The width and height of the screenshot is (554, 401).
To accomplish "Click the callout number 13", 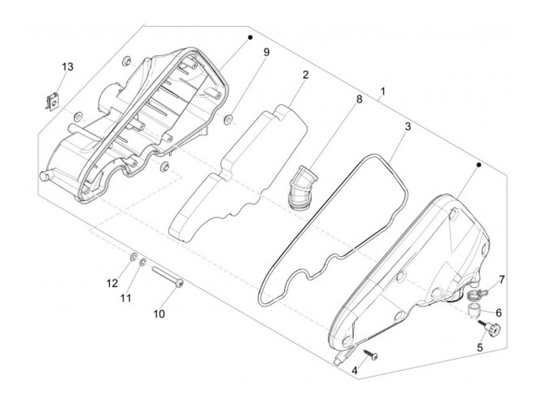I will [x=68, y=67].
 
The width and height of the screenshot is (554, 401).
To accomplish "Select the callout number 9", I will [x=266, y=52].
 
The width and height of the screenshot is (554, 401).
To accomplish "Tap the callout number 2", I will [x=305, y=75].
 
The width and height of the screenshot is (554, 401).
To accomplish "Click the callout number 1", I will [x=382, y=92].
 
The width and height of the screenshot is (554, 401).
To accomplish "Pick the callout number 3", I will [x=408, y=126].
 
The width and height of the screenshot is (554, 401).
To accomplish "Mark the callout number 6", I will [x=498, y=313].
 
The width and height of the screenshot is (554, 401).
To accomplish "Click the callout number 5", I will [x=480, y=347].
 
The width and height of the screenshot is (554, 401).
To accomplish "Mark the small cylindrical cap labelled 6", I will [x=477, y=311].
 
